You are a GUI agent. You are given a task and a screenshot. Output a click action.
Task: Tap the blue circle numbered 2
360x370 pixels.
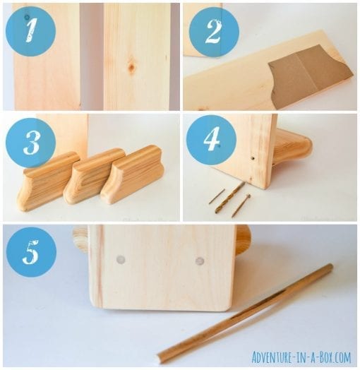pos(214,32)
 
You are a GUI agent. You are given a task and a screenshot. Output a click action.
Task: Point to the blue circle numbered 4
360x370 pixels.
pos(211,141)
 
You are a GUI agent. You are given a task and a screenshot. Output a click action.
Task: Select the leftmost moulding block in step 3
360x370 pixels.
pos(46,181)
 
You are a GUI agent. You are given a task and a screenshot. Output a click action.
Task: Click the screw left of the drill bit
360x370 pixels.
pos(216,196)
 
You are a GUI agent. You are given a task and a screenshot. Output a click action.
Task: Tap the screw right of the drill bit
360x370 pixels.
pos(241,205)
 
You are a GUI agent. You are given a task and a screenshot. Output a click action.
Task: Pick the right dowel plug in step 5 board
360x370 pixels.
pos(200,261)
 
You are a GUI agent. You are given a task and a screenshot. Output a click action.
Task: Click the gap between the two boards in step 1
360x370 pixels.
pos(91,56)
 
